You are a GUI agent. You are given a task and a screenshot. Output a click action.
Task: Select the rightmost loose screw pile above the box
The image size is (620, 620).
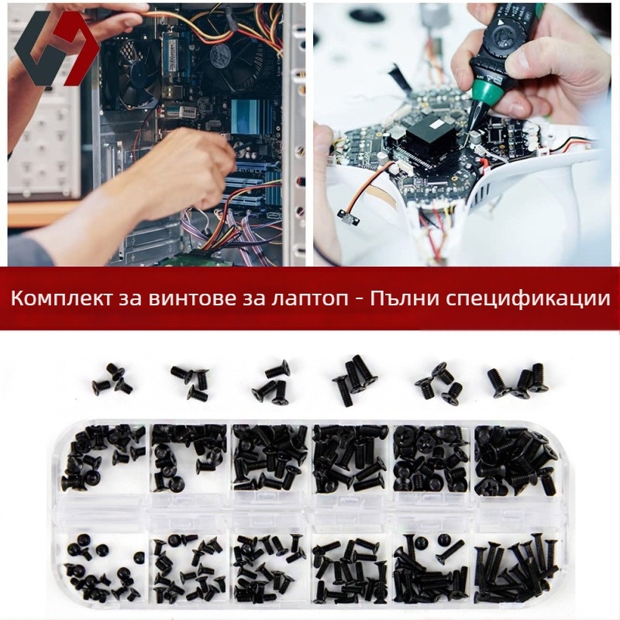[x=517, y=379]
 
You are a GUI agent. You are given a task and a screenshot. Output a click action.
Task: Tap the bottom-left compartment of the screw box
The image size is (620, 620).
[x=105, y=562]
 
